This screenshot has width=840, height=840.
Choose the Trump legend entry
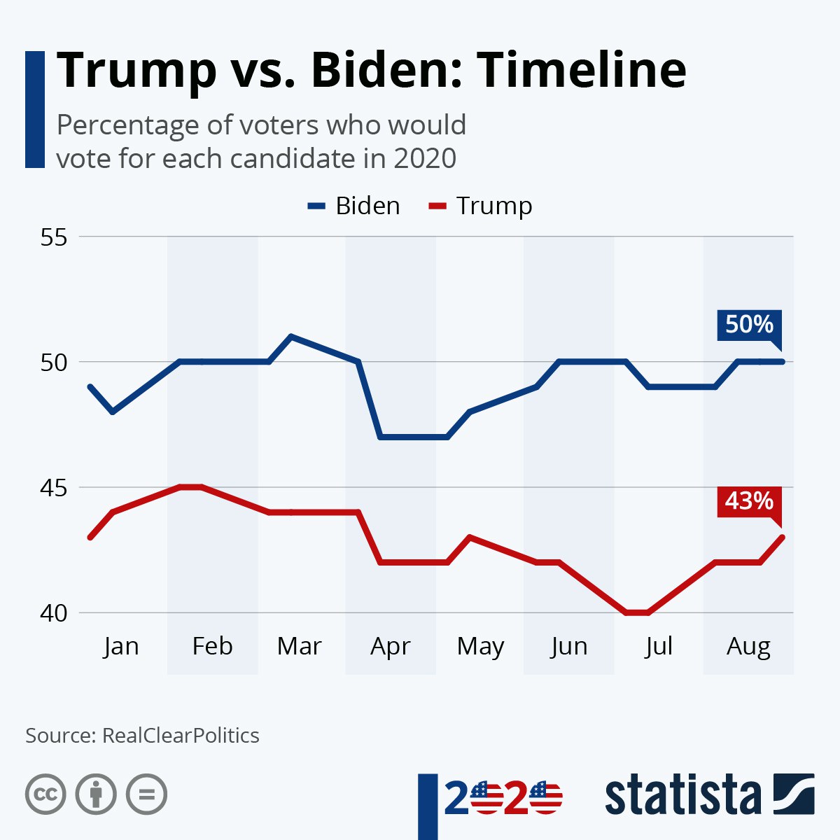point(482,206)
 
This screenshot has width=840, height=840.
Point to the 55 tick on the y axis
point(54,237)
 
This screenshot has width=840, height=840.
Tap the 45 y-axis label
point(54,487)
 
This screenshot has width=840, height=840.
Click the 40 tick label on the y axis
point(54,612)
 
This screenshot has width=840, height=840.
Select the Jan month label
point(121,645)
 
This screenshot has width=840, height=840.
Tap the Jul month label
point(659,645)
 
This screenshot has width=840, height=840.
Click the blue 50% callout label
point(748,325)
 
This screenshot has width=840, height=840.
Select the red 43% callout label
point(748,501)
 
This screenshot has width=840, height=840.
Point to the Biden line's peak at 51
point(291,337)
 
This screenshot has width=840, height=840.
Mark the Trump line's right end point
point(782,537)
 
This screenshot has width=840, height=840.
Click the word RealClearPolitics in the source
point(181,736)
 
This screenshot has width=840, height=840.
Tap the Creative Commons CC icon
point(45,794)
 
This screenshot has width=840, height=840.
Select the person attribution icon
point(96,794)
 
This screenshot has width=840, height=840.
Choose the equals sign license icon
point(146,794)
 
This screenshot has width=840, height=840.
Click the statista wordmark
point(682,796)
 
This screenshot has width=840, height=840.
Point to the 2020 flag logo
point(504,799)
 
